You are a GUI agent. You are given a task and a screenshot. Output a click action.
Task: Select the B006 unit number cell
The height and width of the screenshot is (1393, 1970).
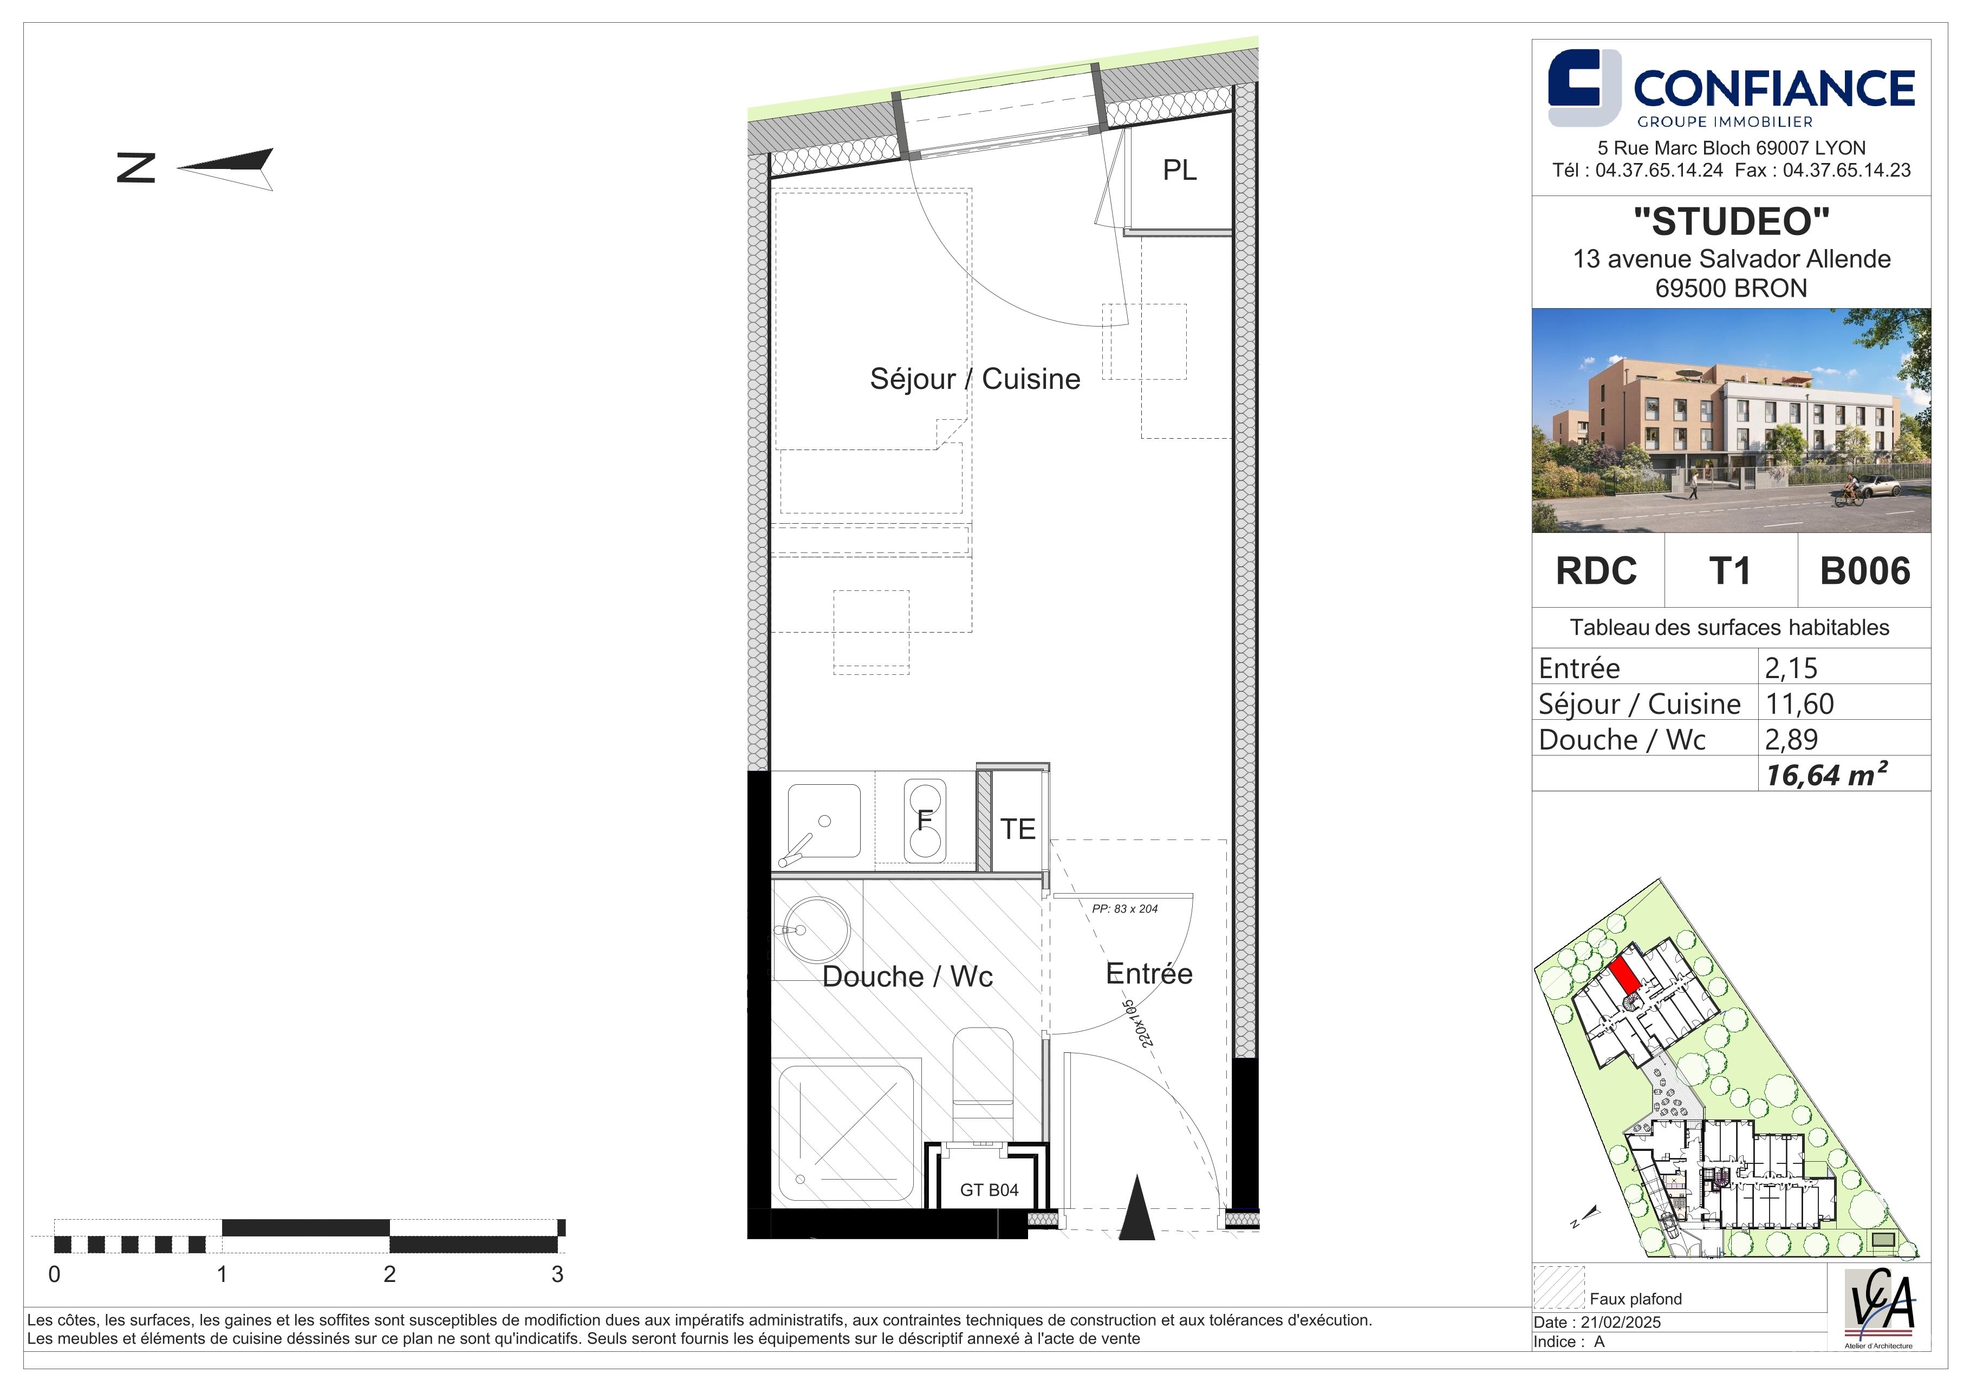pyautogui.click(x=1865, y=570)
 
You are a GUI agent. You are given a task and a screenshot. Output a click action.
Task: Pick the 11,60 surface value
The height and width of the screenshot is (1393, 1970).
pyautogui.click(x=1799, y=704)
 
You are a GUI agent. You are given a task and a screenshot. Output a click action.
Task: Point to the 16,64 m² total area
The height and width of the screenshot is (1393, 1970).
pyautogui.click(x=1826, y=774)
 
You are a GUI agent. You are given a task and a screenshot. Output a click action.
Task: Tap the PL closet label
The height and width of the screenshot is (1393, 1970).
pyautogui.click(x=1179, y=170)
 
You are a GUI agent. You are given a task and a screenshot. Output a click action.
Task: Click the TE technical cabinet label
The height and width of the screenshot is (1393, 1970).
pyautogui.click(x=1018, y=829)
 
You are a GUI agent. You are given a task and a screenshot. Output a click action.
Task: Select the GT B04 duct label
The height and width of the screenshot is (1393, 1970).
pyautogui.click(x=989, y=1190)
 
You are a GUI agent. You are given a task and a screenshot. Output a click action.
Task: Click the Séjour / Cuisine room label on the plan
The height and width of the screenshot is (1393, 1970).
pyautogui.click(x=974, y=378)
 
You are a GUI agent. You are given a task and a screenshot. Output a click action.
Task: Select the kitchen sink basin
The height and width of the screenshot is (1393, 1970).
pyautogui.click(x=824, y=821)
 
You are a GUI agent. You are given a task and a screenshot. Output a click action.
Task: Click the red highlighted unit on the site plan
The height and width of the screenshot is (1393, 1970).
pyautogui.click(x=1622, y=976)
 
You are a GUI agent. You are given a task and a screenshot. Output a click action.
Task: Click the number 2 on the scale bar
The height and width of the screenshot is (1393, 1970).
pyautogui.click(x=389, y=1274)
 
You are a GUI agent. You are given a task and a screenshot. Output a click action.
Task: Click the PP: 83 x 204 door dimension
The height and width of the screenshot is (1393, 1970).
pyautogui.click(x=1124, y=908)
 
